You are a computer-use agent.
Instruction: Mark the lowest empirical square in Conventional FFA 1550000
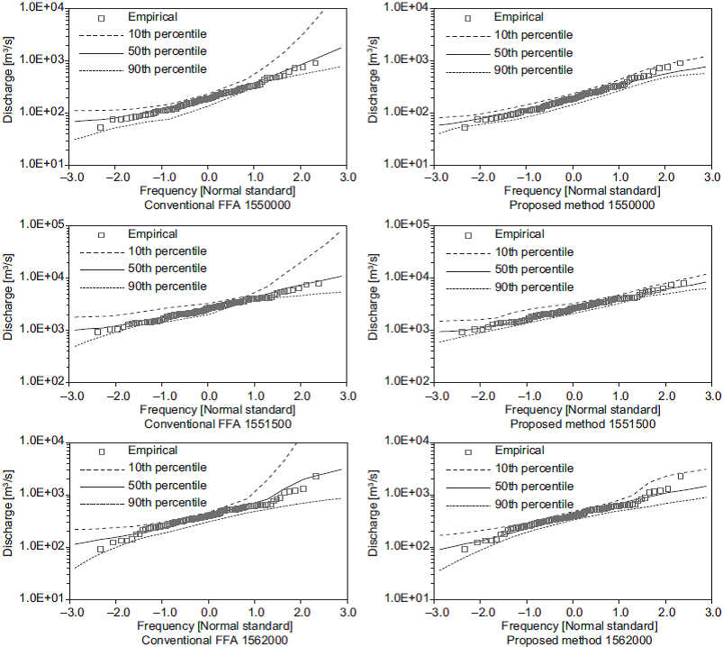click(x=101, y=128)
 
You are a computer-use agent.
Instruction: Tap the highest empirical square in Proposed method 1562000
click(x=680, y=476)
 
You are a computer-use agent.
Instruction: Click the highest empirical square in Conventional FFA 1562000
click(x=315, y=476)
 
